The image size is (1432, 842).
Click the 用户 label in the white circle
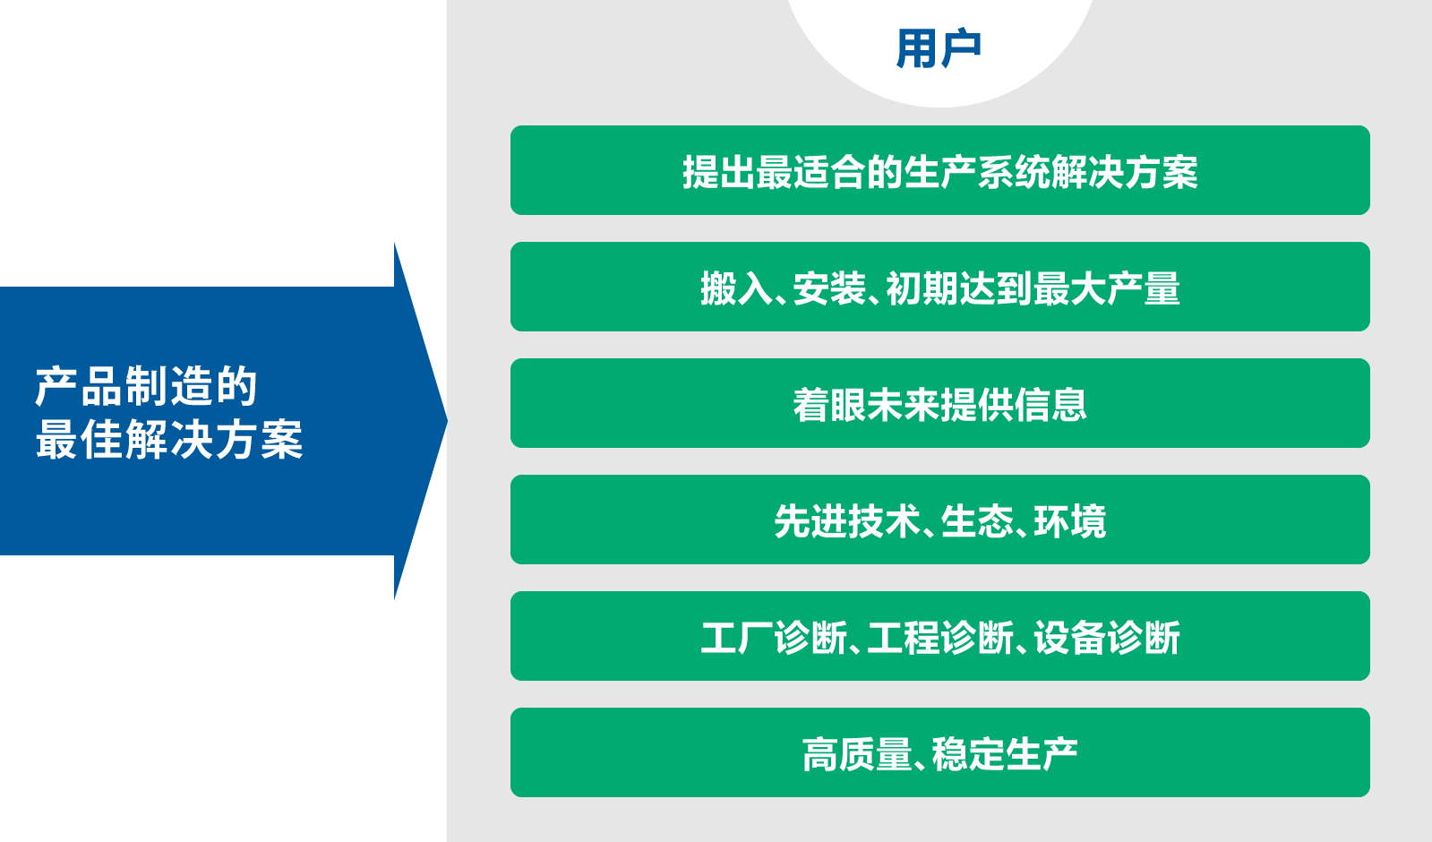pyautogui.click(x=939, y=48)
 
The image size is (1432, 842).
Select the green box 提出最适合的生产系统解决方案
pyautogui.click(x=939, y=170)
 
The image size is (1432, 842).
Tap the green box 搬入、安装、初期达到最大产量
pyautogui.click(x=939, y=287)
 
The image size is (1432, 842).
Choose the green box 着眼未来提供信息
pyautogui.click(x=939, y=403)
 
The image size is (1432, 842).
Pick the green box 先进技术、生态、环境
pyautogui.click(x=939, y=520)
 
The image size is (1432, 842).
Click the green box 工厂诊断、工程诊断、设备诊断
pyautogui.click(x=939, y=635)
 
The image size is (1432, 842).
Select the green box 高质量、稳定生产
pyautogui.click(x=939, y=752)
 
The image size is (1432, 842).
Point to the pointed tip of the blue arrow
pyautogui.click(x=447, y=421)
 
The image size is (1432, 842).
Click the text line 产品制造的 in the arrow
pyautogui.click(x=146, y=386)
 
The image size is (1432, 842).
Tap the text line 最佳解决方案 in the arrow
pyautogui.click(x=168, y=440)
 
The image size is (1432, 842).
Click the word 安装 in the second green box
pyautogui.click(x=829, y=288)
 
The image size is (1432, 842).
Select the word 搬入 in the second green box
pyautogui.click(x=737, y=288)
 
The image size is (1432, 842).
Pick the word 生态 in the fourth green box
pyautogui.click(x=977, y=521)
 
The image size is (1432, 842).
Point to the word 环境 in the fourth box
pyautogui.click(x=1069, y=521)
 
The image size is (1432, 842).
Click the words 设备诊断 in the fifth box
pyautogui.click(x=1107, y=638)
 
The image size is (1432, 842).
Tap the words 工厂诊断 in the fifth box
pyautogui.click(x=774, y=638)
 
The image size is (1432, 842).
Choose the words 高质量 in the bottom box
pyautogui.click(x=857, y=754)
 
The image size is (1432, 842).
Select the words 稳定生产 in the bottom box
pyautogui.click(x=1004, y=754)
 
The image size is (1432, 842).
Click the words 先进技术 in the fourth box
pyautogui.click(x=848, y=521)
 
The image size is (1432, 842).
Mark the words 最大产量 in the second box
pyautogui.click(x=1107, y=288)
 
